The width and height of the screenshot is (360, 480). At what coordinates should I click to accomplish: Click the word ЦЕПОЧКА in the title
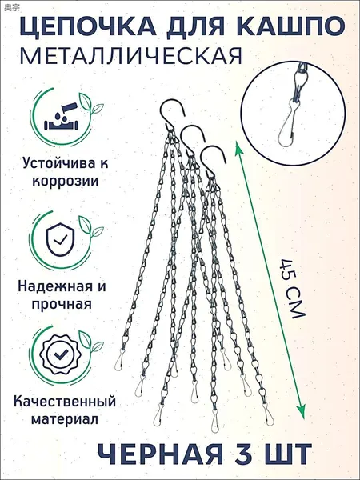point(88,26)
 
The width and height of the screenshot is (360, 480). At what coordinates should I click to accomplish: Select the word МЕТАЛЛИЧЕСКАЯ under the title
point(130,56)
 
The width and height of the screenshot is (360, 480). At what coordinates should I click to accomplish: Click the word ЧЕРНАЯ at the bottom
point(161,454)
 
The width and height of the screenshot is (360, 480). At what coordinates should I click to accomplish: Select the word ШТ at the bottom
point(289,454)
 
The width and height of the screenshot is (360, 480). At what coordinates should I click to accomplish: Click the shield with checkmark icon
point(60,239)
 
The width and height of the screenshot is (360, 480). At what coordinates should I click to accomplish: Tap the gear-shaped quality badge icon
point(60,354)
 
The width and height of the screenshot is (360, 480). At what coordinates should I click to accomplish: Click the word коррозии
point(66,182)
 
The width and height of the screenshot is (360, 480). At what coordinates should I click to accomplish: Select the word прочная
point(62,305)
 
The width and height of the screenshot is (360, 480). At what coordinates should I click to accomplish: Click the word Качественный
point(65,402)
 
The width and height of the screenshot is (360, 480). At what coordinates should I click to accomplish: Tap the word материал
point(65,419)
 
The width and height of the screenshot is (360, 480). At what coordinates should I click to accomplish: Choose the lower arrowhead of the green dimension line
point(302,413)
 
